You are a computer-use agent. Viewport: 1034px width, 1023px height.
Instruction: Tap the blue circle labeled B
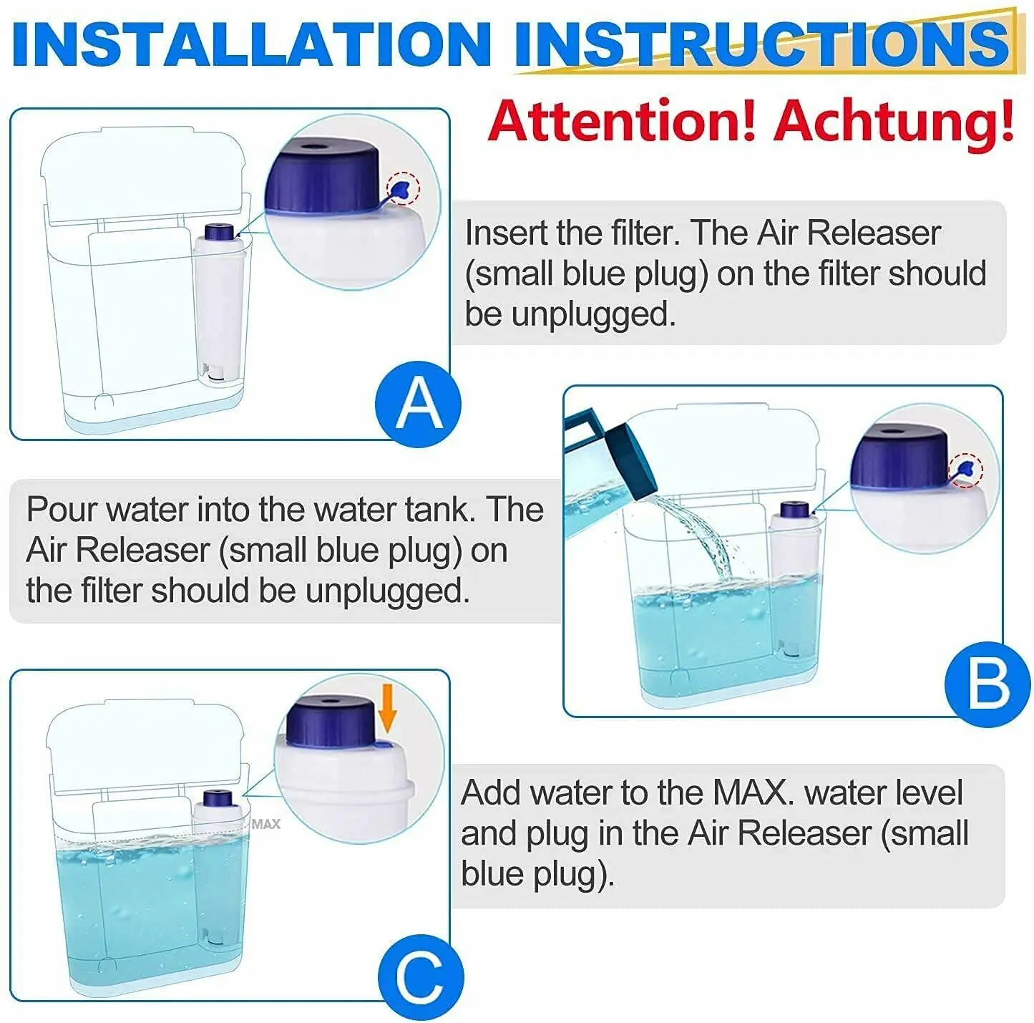pyautogui.click(x=988, y=684)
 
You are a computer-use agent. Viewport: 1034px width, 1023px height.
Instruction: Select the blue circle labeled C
pyautogui.click(x=421, y=976)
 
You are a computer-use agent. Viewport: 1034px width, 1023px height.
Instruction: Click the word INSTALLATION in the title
pyautogui.click(x=251, y=44)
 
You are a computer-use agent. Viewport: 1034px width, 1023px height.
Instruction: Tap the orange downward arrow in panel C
pyautogui.click(x=387, y=714)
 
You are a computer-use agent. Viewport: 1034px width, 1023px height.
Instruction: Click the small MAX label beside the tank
pyautogui.click(x=266, y=824)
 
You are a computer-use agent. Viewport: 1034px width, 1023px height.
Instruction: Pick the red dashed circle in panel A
pyautogui.click(x=404, y=188)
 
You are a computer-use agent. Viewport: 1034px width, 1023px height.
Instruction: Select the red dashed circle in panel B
pyautogui.click(x=965, y=470)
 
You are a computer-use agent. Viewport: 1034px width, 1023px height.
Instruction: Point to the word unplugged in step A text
pyautogui.click(x=594, y=315)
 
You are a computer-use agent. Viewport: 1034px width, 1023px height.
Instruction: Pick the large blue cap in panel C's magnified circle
pyautogui.click(x=329, y=721)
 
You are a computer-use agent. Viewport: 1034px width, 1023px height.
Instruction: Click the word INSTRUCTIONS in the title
pyautogui.click(x=763, y=44)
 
